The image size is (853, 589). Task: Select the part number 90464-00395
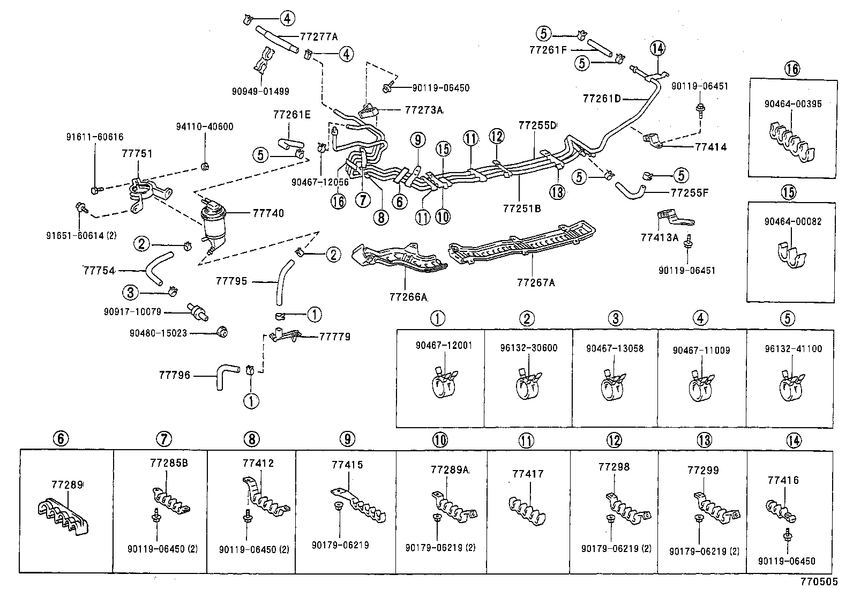(793, 104)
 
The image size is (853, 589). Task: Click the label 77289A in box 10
(450, 469)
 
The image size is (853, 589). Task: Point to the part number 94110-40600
(205, 127)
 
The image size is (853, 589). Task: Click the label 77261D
(601, 99)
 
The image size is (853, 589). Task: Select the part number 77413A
(660, 237)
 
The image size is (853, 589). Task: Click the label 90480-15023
(158, 333)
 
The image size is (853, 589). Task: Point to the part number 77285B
(168, 463)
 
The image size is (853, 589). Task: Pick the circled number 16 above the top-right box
(792, 69)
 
